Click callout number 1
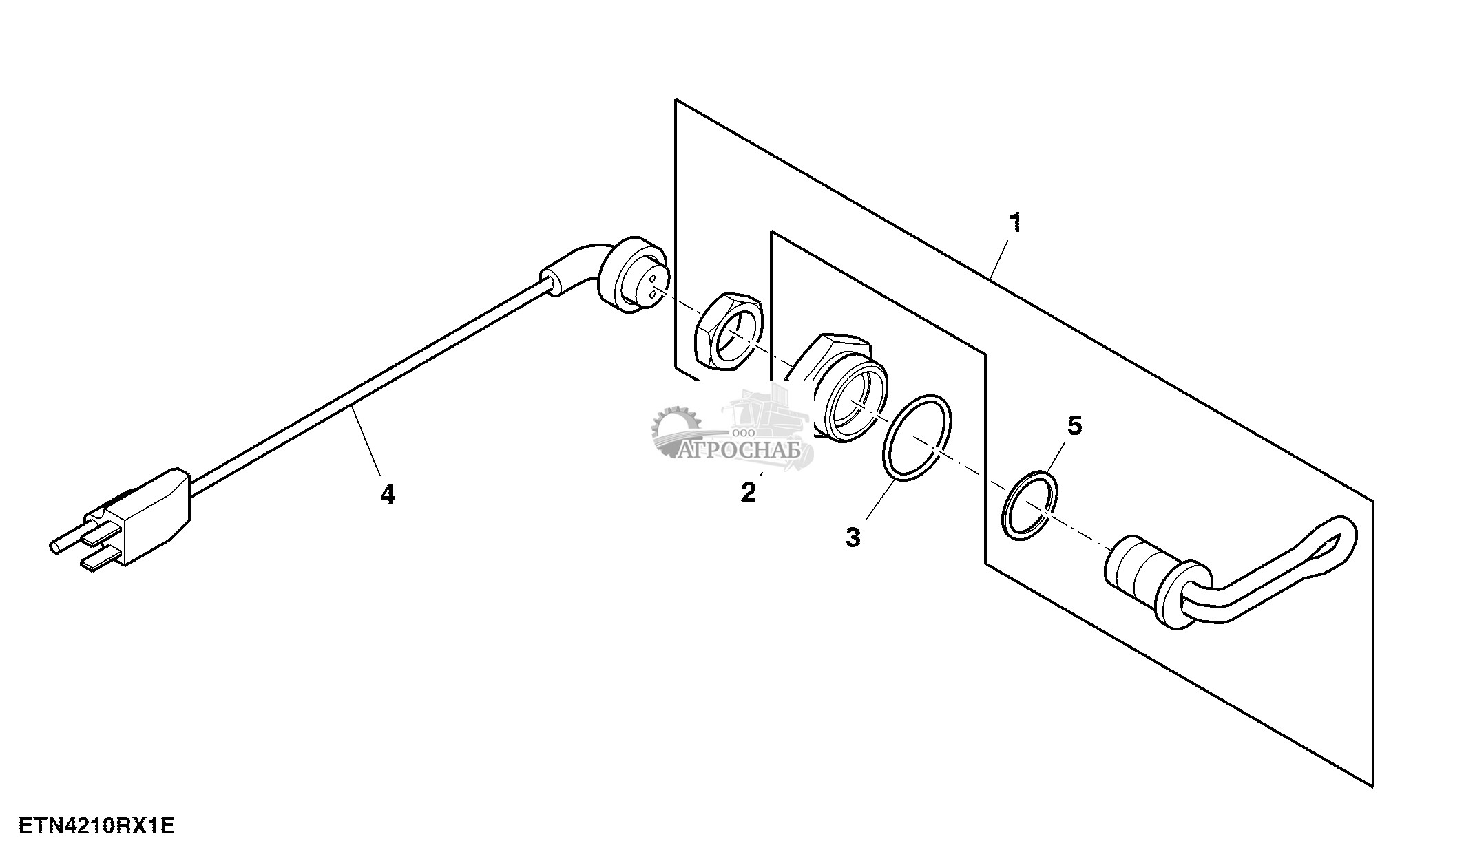coord(1014,223)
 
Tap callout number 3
coord(853,537)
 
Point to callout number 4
coord(388,494)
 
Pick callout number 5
coord(1074,426)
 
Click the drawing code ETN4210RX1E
coord(96,826)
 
